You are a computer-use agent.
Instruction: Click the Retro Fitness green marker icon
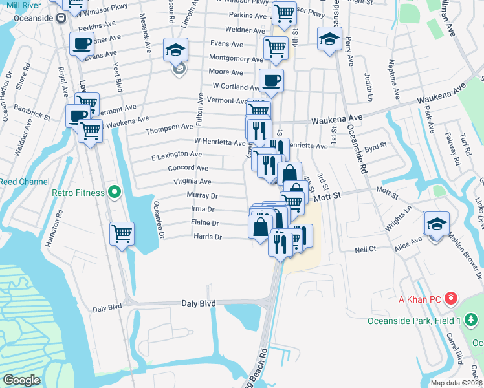(x=115, y=191)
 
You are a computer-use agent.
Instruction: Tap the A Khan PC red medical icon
(x=451, y=299)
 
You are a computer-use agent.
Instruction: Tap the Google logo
(x=21, y=380)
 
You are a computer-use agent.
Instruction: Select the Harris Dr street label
(x=208, y=237)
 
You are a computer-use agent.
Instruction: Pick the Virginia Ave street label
(x=192, y=182)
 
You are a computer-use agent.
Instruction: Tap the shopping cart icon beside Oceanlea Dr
(x=122, y=233)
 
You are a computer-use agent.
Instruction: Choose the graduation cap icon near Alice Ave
(x=437, y=223)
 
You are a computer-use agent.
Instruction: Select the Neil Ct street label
(x=366, y=249)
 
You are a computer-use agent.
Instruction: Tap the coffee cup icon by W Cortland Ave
(x=271, y=80)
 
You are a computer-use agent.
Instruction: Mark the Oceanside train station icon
(x=63, y=19)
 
